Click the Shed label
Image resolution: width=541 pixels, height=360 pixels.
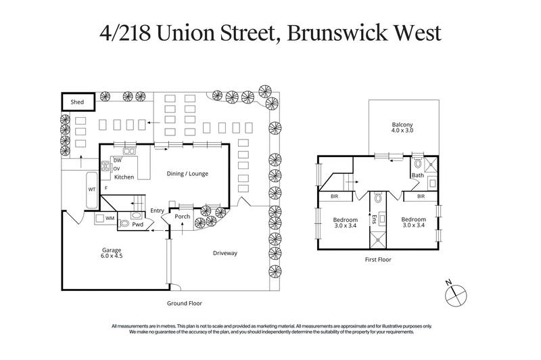click(78, 102)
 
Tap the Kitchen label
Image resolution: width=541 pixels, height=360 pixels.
click(124, 177)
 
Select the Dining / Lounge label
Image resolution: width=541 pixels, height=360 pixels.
click(187, 174)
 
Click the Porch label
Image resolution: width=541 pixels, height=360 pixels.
click(182, 217)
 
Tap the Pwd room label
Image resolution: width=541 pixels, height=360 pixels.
click(137, 224)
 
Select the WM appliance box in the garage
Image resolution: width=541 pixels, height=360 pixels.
click(109, 218)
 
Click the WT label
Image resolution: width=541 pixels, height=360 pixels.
click(91, 189)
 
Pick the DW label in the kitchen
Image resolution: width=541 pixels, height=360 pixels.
click(116, 160)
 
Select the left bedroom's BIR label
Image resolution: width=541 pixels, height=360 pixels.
click(335, 197)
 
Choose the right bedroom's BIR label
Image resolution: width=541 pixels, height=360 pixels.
click(421, 197)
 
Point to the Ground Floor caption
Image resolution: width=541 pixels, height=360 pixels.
click(185, 304)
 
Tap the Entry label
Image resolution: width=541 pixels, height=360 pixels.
click(157, 210)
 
